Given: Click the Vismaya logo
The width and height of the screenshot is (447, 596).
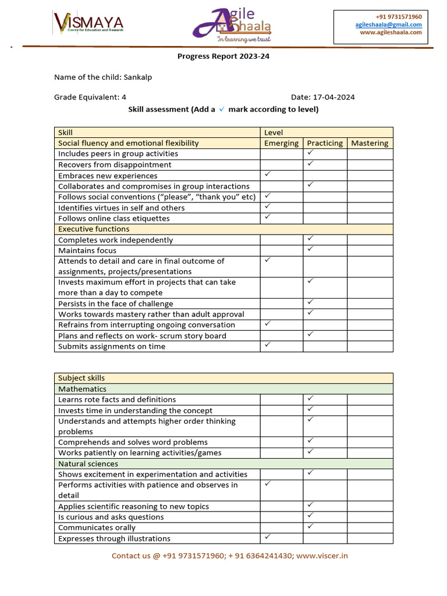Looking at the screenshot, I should click(88, 24).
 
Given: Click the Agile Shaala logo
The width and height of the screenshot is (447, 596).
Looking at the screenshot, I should click(233, 26).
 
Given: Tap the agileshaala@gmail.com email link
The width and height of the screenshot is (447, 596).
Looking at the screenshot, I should click(388, 24).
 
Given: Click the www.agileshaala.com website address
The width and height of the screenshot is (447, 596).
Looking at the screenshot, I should click(391, 33).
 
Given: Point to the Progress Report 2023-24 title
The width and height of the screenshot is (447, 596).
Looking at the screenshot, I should click(223, 56).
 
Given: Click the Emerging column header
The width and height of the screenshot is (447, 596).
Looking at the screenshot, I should click(281, 143).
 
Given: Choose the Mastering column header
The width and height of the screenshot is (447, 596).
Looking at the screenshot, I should click(370, 143).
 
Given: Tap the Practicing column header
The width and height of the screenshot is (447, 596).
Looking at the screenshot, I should click(325, 143).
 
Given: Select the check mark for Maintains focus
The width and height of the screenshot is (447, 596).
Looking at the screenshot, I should click(311, 249).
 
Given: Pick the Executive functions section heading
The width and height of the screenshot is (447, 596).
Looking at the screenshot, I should click(94, 229).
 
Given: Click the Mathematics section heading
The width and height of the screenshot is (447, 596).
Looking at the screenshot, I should click(82, 389).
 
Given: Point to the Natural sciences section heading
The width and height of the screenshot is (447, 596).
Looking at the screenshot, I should click(88, 464).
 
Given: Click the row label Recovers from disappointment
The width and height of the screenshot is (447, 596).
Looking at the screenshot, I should click(115, 165).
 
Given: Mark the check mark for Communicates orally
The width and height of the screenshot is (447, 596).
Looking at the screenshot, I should click(311, 526).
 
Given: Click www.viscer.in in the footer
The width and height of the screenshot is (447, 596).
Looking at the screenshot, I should click(322, 556).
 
